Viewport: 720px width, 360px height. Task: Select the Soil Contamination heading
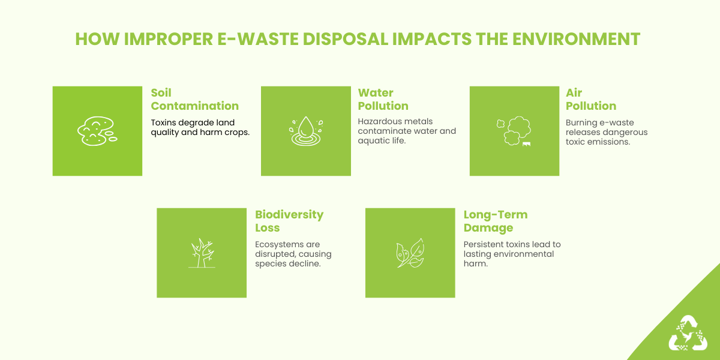coord(194,100)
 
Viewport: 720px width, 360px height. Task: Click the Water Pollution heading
coord(383,100)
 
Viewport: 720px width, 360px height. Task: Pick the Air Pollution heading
coord(590,100)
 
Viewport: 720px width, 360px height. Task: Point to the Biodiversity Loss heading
coord(289,221)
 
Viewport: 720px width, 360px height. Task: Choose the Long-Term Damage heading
coord(495,221)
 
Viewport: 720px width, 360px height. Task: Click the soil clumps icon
coord(97,131)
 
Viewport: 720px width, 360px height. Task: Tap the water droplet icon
coord(306,131)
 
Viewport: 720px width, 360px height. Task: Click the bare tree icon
coord(202,253)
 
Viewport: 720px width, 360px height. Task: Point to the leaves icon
coord(410,253)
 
